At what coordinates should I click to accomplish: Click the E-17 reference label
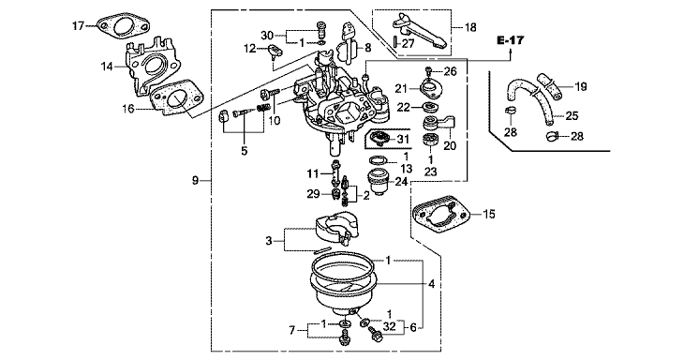click(511, 40)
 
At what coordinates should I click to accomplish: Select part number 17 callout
click(78, 26)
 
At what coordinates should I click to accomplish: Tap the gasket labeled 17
click(122, 26)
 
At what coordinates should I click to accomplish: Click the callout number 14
click(107, 67)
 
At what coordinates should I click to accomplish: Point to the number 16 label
click(128, 108)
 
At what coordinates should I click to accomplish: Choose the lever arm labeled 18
click(419, 31)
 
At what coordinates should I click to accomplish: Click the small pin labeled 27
click(394, 42)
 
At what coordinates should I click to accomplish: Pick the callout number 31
click(403, 140)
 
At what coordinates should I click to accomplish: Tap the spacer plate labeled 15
click(441, 215)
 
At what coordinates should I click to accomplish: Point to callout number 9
click(196, 180)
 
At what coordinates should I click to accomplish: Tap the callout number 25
click(572, 115)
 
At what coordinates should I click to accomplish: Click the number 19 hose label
click(580, 87)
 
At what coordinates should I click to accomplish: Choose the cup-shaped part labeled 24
click(379, 183)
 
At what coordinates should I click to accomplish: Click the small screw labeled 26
click(429, 70)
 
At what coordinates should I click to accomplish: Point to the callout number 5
click(244, 151)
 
